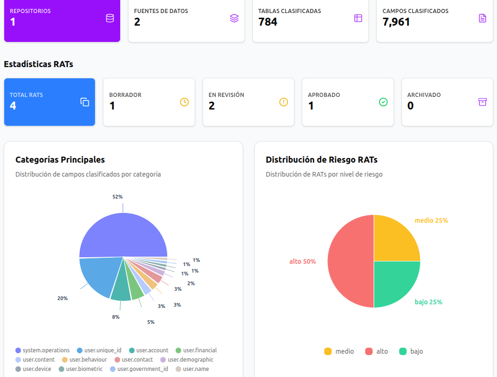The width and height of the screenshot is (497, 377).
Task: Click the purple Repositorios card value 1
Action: click(13, 22)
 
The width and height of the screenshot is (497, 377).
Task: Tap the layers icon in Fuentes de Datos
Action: click(234, 18)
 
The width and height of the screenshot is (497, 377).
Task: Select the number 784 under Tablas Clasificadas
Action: click(267, 22)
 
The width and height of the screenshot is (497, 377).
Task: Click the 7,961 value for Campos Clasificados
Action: click(396, 22)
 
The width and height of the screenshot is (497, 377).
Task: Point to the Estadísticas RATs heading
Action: click(39, 64)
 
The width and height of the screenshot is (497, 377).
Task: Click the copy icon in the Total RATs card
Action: click(85, 102)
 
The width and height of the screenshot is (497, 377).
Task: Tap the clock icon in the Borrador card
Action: click(184, 102)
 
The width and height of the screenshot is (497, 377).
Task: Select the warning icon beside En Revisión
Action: click(284, 102)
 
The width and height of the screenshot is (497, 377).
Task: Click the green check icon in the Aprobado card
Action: click(383, 102)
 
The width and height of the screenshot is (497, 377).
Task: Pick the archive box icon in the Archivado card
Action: click(483, 102)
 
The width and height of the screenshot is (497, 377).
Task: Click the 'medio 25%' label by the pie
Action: click(431, 220)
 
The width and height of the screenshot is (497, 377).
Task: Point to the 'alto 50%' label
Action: click(302, 261)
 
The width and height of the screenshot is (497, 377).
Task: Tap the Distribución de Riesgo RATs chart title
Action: click(321, 160)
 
